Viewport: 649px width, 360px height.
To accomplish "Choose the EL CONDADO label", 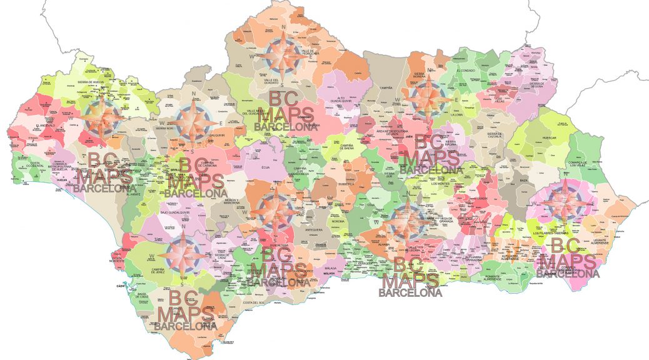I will tap(467, 71).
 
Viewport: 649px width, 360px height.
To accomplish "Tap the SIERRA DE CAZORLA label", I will tap(495, 137).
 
